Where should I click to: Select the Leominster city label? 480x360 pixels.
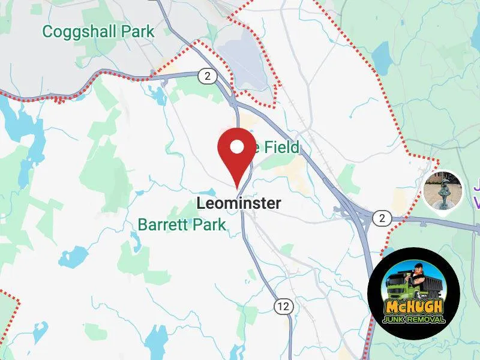click(238, 203)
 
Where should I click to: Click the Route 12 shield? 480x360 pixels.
click(283, 307)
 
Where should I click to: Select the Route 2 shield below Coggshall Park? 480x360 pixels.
click(206, 76)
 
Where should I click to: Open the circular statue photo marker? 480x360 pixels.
click(443, 190)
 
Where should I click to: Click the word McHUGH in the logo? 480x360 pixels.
click(414, 307)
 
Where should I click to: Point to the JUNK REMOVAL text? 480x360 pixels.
click(414, 319)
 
